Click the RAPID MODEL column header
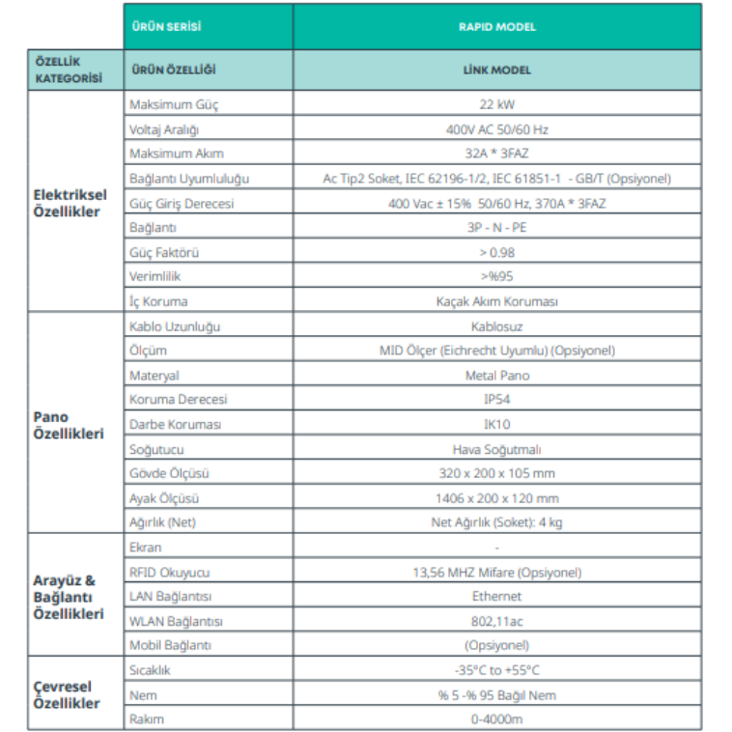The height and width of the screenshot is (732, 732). pyautogui.click(x=496, y=27)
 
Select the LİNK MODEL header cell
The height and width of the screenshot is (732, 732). pyautogui.click(x=496, y=70)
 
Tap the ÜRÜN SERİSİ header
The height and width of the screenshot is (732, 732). pyautogui.click(x=166, y=27)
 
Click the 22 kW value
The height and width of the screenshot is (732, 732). pyautogui.click(x=496, y=104)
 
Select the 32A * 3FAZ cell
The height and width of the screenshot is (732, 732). pyautogui.click(x=496, y=154)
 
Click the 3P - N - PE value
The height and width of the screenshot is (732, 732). pyautogui.click(x=496, y=228)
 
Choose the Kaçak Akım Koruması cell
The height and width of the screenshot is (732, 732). pyautogui.click(x=496, y=301)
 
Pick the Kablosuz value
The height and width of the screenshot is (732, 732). pyautogui.click(x=496, y=326)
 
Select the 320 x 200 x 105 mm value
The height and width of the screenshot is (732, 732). pyautogui.click(x=496, y=474)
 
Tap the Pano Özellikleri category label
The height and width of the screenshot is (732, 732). pyautogui.click(x=68, y=425)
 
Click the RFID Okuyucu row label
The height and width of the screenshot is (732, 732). pyautogui.click(x=169, y=572)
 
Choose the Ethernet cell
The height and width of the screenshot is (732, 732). pyautogui.click(x=496, y=597)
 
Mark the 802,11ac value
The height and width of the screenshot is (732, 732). pyautogui.click(x=496, y=621)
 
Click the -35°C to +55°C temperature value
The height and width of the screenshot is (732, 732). pyautogui.click(x=496, y=670)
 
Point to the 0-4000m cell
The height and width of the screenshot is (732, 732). pyautogui.click(x=496, y=719)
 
